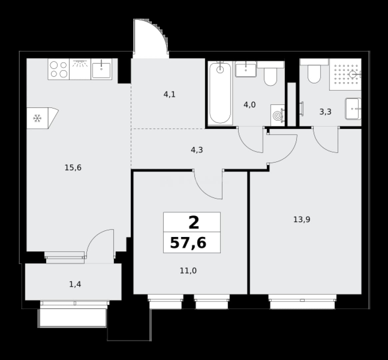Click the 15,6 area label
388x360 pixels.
(73, 168)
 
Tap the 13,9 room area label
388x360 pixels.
(302, 219)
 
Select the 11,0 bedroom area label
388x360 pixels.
(188, 271)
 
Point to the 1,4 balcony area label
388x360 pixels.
(75, 284)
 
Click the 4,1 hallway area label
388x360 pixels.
(170, 94)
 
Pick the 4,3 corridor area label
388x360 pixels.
(197, 150)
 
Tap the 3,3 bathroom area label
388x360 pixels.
(325, 112)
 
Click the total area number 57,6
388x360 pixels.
(188, 243)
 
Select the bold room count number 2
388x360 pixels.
(194, 222)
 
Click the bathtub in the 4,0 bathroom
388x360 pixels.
(220, 93)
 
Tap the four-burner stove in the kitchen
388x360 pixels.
(59, 69)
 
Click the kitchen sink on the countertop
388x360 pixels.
(102, 69)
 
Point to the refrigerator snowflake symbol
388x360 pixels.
(37, 118)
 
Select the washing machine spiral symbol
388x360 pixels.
(277, 116)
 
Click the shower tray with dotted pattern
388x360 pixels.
(345, 74)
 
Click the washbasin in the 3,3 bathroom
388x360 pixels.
(353, 109)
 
